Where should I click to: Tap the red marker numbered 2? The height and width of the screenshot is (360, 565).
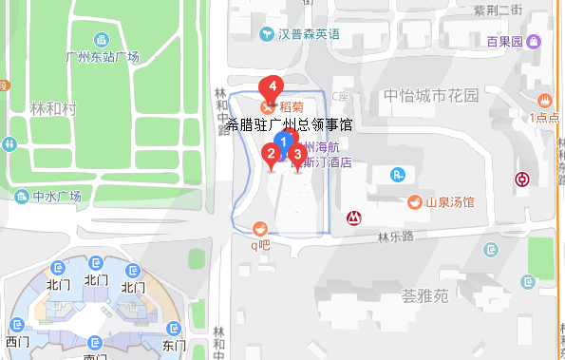[271, 154]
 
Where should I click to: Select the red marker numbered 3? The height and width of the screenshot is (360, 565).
[296, 154]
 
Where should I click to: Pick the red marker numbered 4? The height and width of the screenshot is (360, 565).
[273, 88]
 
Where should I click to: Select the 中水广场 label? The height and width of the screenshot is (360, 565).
[56, 197]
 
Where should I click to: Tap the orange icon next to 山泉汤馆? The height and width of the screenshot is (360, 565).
[414, 202]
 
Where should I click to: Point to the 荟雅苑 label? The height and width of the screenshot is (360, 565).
[424, 295]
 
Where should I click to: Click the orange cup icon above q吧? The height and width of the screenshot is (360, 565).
[259, 227]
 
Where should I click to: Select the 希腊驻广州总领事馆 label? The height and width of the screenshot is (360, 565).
[291, 123]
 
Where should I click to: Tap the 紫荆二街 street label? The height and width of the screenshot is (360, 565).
[499, 10]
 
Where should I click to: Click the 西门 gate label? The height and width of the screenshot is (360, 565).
[17, 341]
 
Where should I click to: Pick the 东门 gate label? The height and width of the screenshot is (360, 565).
[174, 344]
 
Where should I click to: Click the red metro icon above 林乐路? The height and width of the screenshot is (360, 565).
[353, 218]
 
